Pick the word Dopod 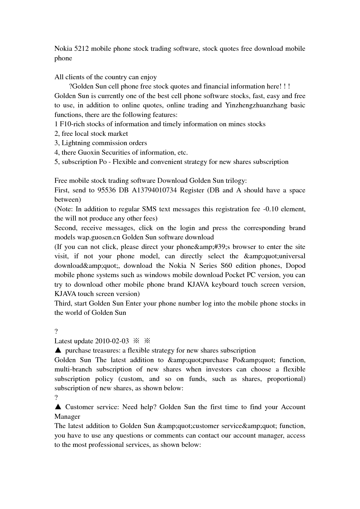[296, 266]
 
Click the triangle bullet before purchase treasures [58, 351]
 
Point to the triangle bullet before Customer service [58, 407]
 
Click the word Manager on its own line [67, 417]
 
